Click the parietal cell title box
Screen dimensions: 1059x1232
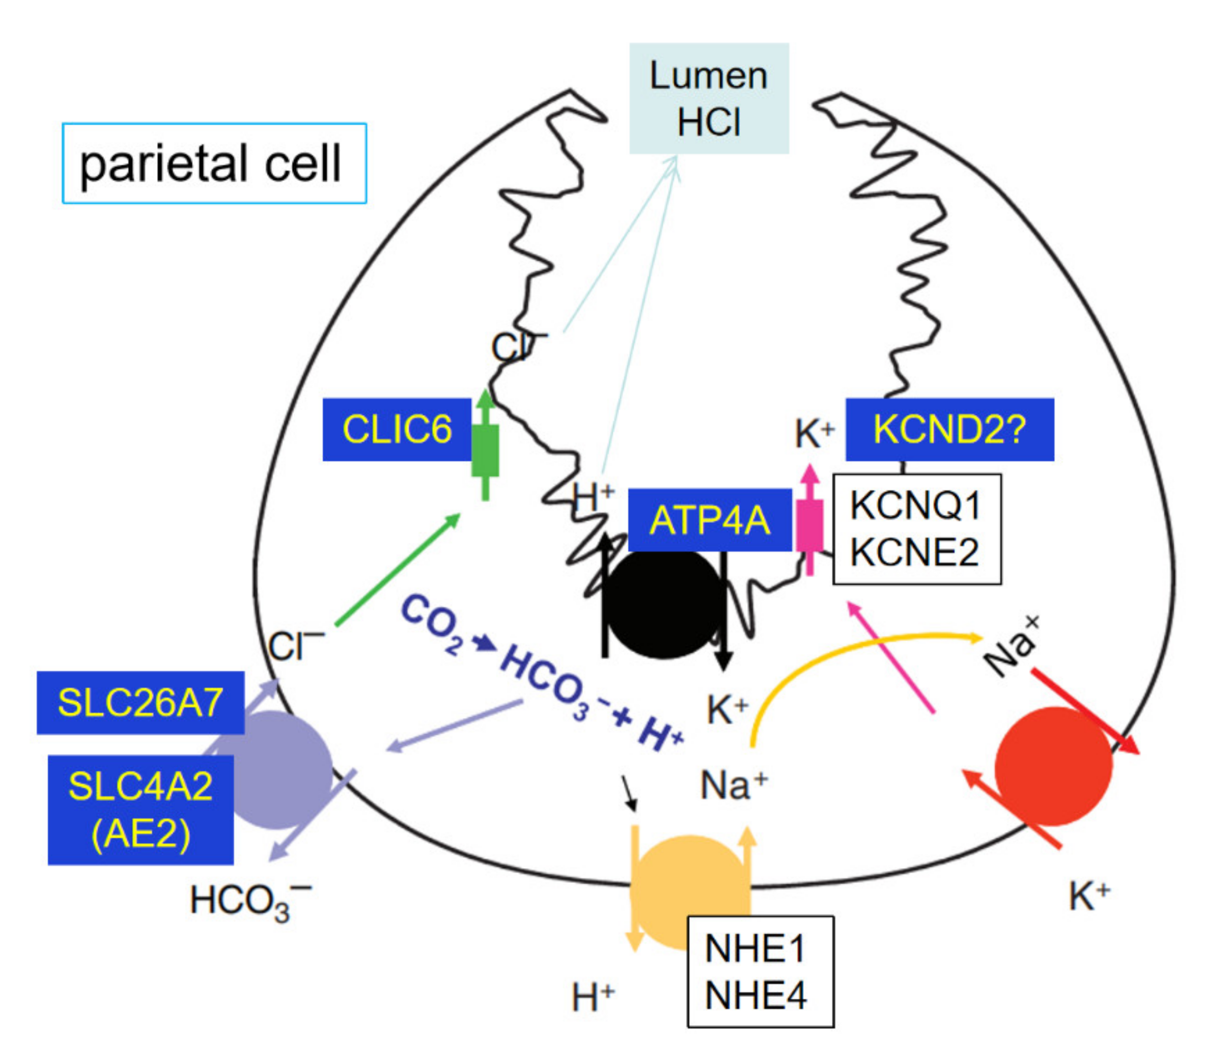pyautogui.click(x=214, y=163)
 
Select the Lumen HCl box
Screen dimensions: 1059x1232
pyautogui.click(x=709, y=99)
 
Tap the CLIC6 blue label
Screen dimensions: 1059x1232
pyautogui.click(x=397, y=429)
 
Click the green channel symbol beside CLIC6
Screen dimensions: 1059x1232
pyautogui.click(x=485, y=450)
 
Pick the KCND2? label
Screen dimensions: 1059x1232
pyautogui.click(x=949, y=429)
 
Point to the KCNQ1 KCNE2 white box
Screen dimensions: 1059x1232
pyautogui.click(x=916, y=529)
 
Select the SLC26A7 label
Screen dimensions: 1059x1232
pyautogui.click(x=141, y=703)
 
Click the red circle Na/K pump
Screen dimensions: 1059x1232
pyautogui.click(x=1052, y=766)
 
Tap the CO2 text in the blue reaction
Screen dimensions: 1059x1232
pyautogui.click(x=432, y=624)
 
